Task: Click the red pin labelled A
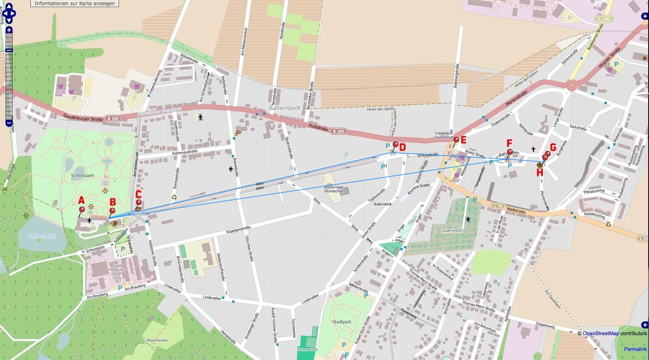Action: [x=82, y=210]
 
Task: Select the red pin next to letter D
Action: [x=396, y=145]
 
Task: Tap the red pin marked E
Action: [x=456, y=140]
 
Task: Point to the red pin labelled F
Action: [x=510, y=152]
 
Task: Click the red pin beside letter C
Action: [x=138, y=203]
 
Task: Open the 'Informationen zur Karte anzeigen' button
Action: [x=75, y=4]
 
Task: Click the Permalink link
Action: [x=635, y=349]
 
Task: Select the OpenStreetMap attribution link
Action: [x=601, y=334]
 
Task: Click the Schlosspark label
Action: [x=82, y=175]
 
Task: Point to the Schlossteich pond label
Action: [x=42, y=236]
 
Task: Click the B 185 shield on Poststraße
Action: [x=338, y=131]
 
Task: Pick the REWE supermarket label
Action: [x=61, y=93]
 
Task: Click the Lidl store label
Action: [x=137, y=92]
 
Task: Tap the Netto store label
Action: [x=610, y=75]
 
